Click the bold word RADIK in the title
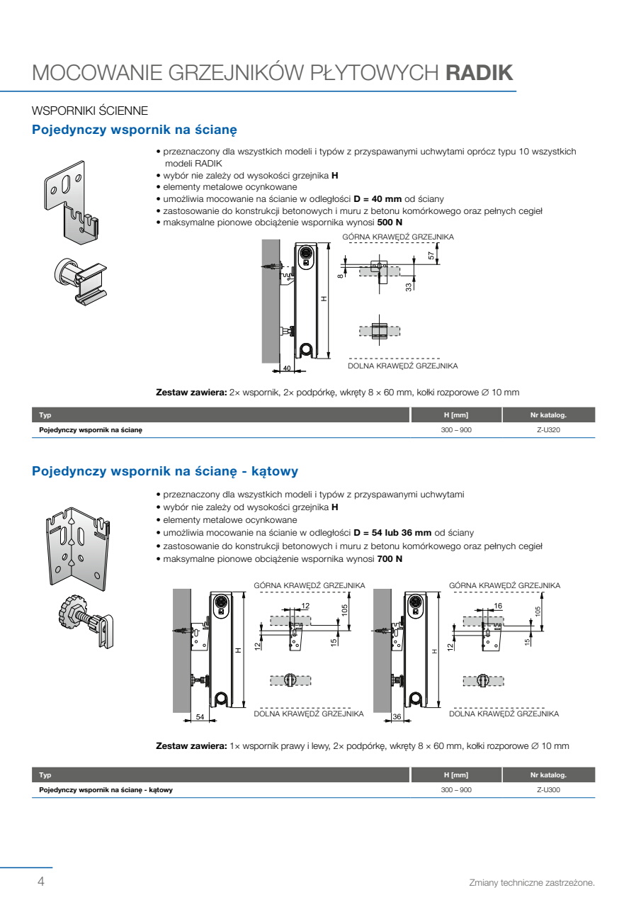pos(479,73)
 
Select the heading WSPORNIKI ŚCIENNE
pos(90,111)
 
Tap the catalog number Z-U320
pos(548,430)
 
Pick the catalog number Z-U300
pos(548,790)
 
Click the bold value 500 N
pos(390,222)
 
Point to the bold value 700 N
pos(390,559)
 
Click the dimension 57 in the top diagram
pos(431,256)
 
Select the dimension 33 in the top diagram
pos(409,287)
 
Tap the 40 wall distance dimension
pos(287,368)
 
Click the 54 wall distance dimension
pos(200,716)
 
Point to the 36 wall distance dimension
pos(397,716)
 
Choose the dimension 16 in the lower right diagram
pos(498,606)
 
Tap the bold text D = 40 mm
pos(378,199)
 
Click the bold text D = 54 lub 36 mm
pos(392,533)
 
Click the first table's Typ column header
pos(45,415)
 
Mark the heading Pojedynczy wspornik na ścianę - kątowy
pos(165,471)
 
